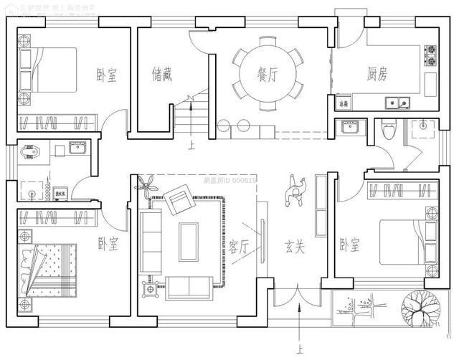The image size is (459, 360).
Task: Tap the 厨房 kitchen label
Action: tap(377, 74)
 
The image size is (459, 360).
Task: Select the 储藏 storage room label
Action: tap(162, 74)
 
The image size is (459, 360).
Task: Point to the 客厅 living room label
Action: tap(240, 247)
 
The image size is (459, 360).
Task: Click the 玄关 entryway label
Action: tap(295, 247)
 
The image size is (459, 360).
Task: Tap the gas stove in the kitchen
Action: tap(432, 56)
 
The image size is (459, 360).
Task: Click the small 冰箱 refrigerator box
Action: tap(344, 103)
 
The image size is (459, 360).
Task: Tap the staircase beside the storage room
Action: tap(189, 114)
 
